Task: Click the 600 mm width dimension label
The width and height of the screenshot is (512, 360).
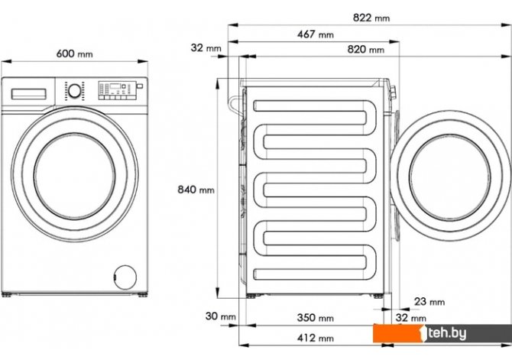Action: (x=74, y=54)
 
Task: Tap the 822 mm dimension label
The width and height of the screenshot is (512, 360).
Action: (x=371, y=18)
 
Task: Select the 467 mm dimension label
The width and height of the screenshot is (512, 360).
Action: (x=316, y=34)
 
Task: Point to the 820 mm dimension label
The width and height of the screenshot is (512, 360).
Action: (x=366, y=50)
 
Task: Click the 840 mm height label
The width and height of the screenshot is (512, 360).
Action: (x=196, y=190)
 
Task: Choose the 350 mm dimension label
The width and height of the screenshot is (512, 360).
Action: (x=316, y=317)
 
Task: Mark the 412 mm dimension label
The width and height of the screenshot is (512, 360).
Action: (x=316, y=338)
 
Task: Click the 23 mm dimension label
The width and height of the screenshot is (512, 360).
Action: (x=429, y=301)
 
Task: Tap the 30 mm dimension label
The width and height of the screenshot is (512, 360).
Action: (x=220, y=316)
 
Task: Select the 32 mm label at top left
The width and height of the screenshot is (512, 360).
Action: (x=206, y=47)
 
